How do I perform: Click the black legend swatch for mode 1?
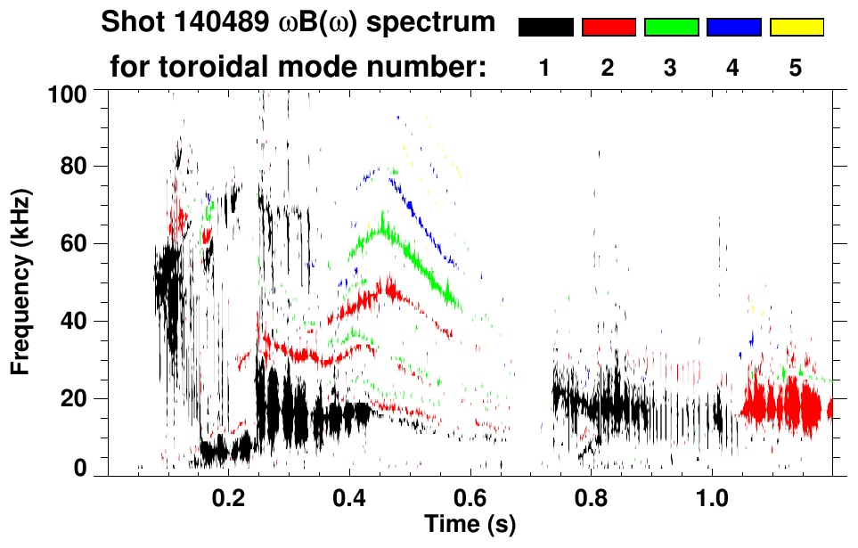(x=545, y=28)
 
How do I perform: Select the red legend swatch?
(x=609, y=28)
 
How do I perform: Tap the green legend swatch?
(x=671, y=28)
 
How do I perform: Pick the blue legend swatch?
(x=733, y=28)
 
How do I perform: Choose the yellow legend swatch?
(x=797, y=28)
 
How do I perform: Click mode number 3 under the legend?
(x=671, y=68)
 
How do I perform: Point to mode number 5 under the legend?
(x=796, y=68)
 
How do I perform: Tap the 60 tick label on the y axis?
(x=79, y=243)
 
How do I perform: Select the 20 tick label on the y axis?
(x=79, y=399)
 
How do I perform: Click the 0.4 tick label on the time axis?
(x=349, y=498)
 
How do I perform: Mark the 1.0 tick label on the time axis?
(x=712, y=498)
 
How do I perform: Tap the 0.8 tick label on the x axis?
(x=591, y=498)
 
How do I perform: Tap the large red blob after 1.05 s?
(x=784, y=407)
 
